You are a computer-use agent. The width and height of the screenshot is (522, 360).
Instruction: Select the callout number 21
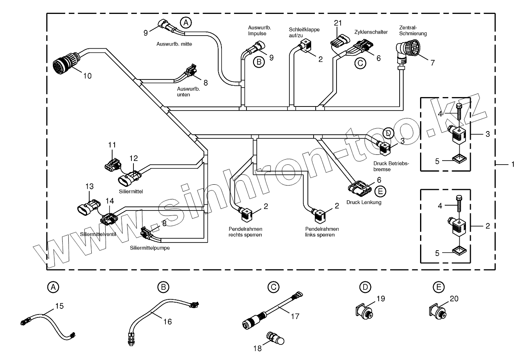[337, 23]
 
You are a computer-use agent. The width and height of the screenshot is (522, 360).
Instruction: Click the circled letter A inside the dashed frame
[186, 23]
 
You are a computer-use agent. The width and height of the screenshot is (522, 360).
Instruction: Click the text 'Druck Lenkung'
[364, 202]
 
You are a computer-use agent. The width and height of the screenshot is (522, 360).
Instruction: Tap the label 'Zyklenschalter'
[371, 32]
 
